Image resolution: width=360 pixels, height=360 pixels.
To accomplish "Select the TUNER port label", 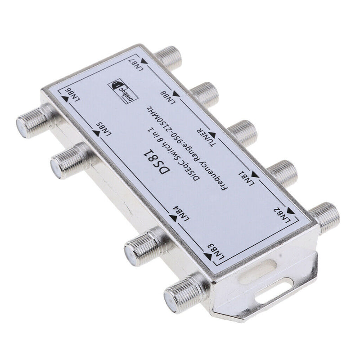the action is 207,137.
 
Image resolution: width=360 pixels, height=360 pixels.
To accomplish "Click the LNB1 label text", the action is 247,178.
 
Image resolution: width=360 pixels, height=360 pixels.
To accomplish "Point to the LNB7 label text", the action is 136,65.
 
